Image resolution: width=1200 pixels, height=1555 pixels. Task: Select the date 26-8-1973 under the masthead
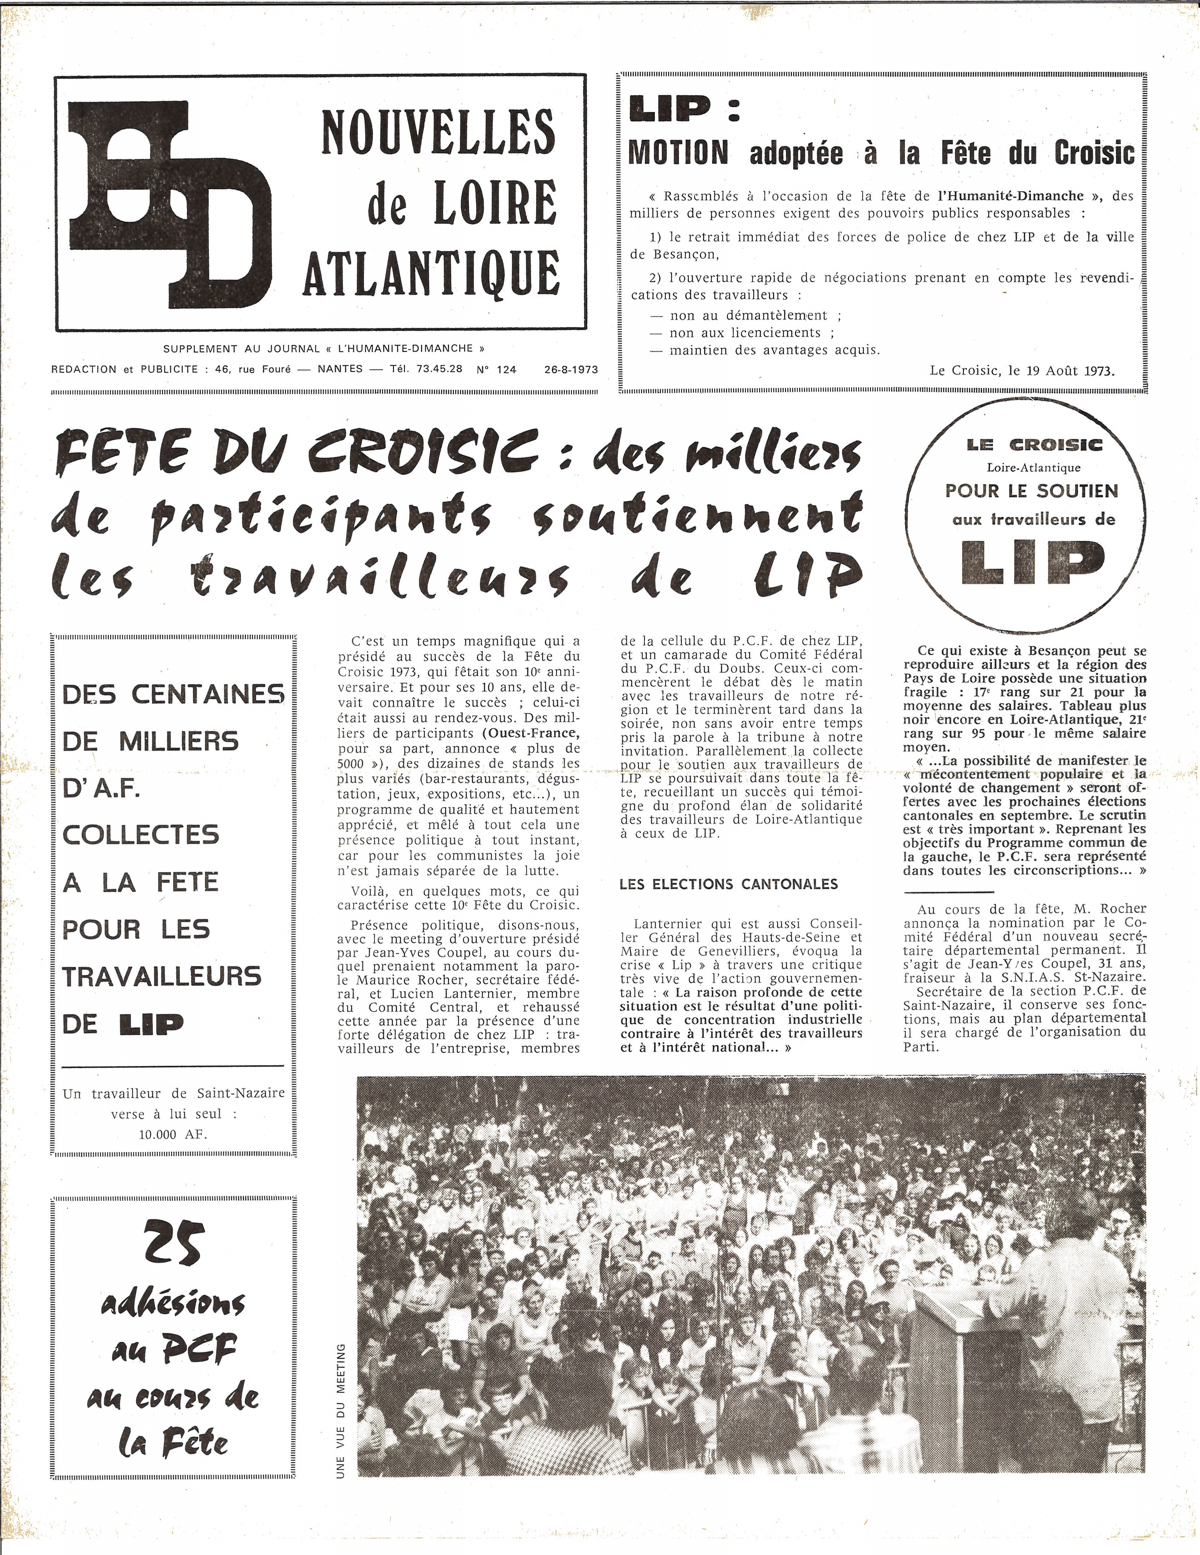click(570, 369)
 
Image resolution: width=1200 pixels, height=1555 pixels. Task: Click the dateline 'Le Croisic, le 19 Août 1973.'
click(1021, 370)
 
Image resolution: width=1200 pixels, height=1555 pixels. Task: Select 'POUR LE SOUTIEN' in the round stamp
click(1031, 491)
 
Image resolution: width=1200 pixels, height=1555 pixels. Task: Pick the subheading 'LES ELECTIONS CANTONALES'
click(729, 884)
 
